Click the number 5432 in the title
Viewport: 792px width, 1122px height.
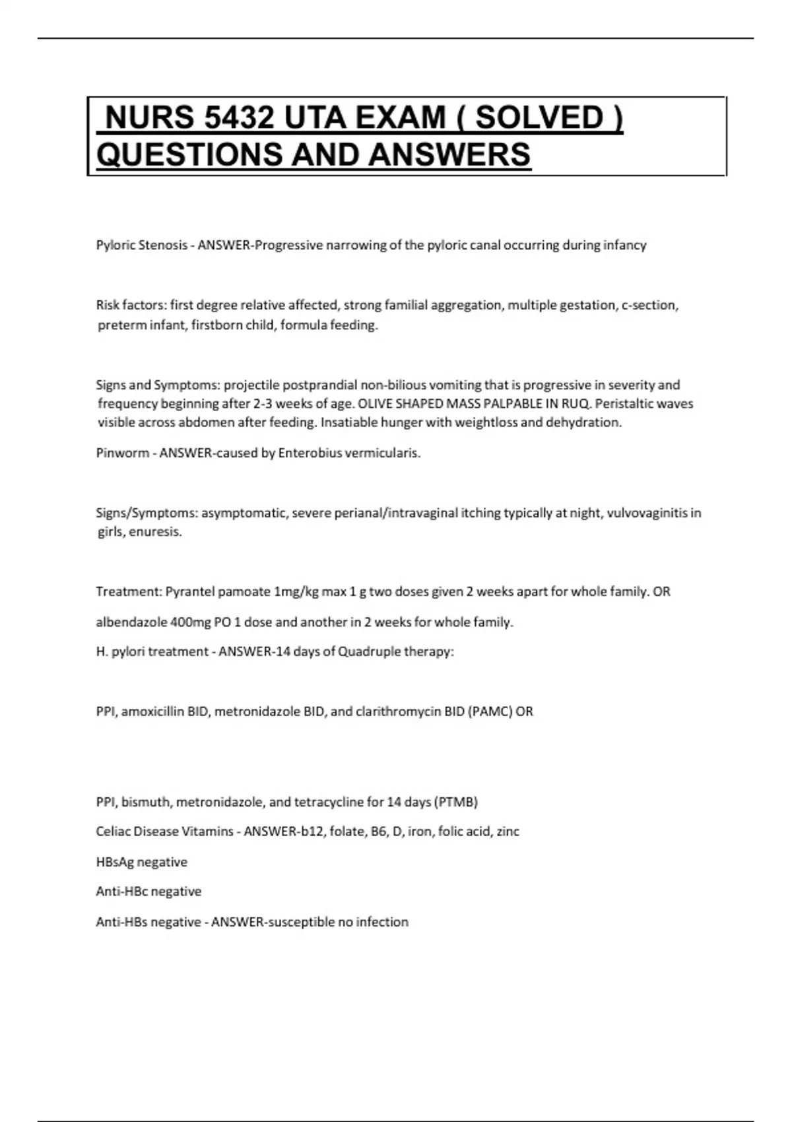pyautogui.click(x=239, y=118)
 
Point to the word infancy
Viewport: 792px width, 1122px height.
pyautogui.click(x=624, y=246)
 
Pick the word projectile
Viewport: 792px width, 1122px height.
pyautogui.click(x=251, y=385)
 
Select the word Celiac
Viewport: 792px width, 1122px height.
pyautogui.click(x=113, y=832)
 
